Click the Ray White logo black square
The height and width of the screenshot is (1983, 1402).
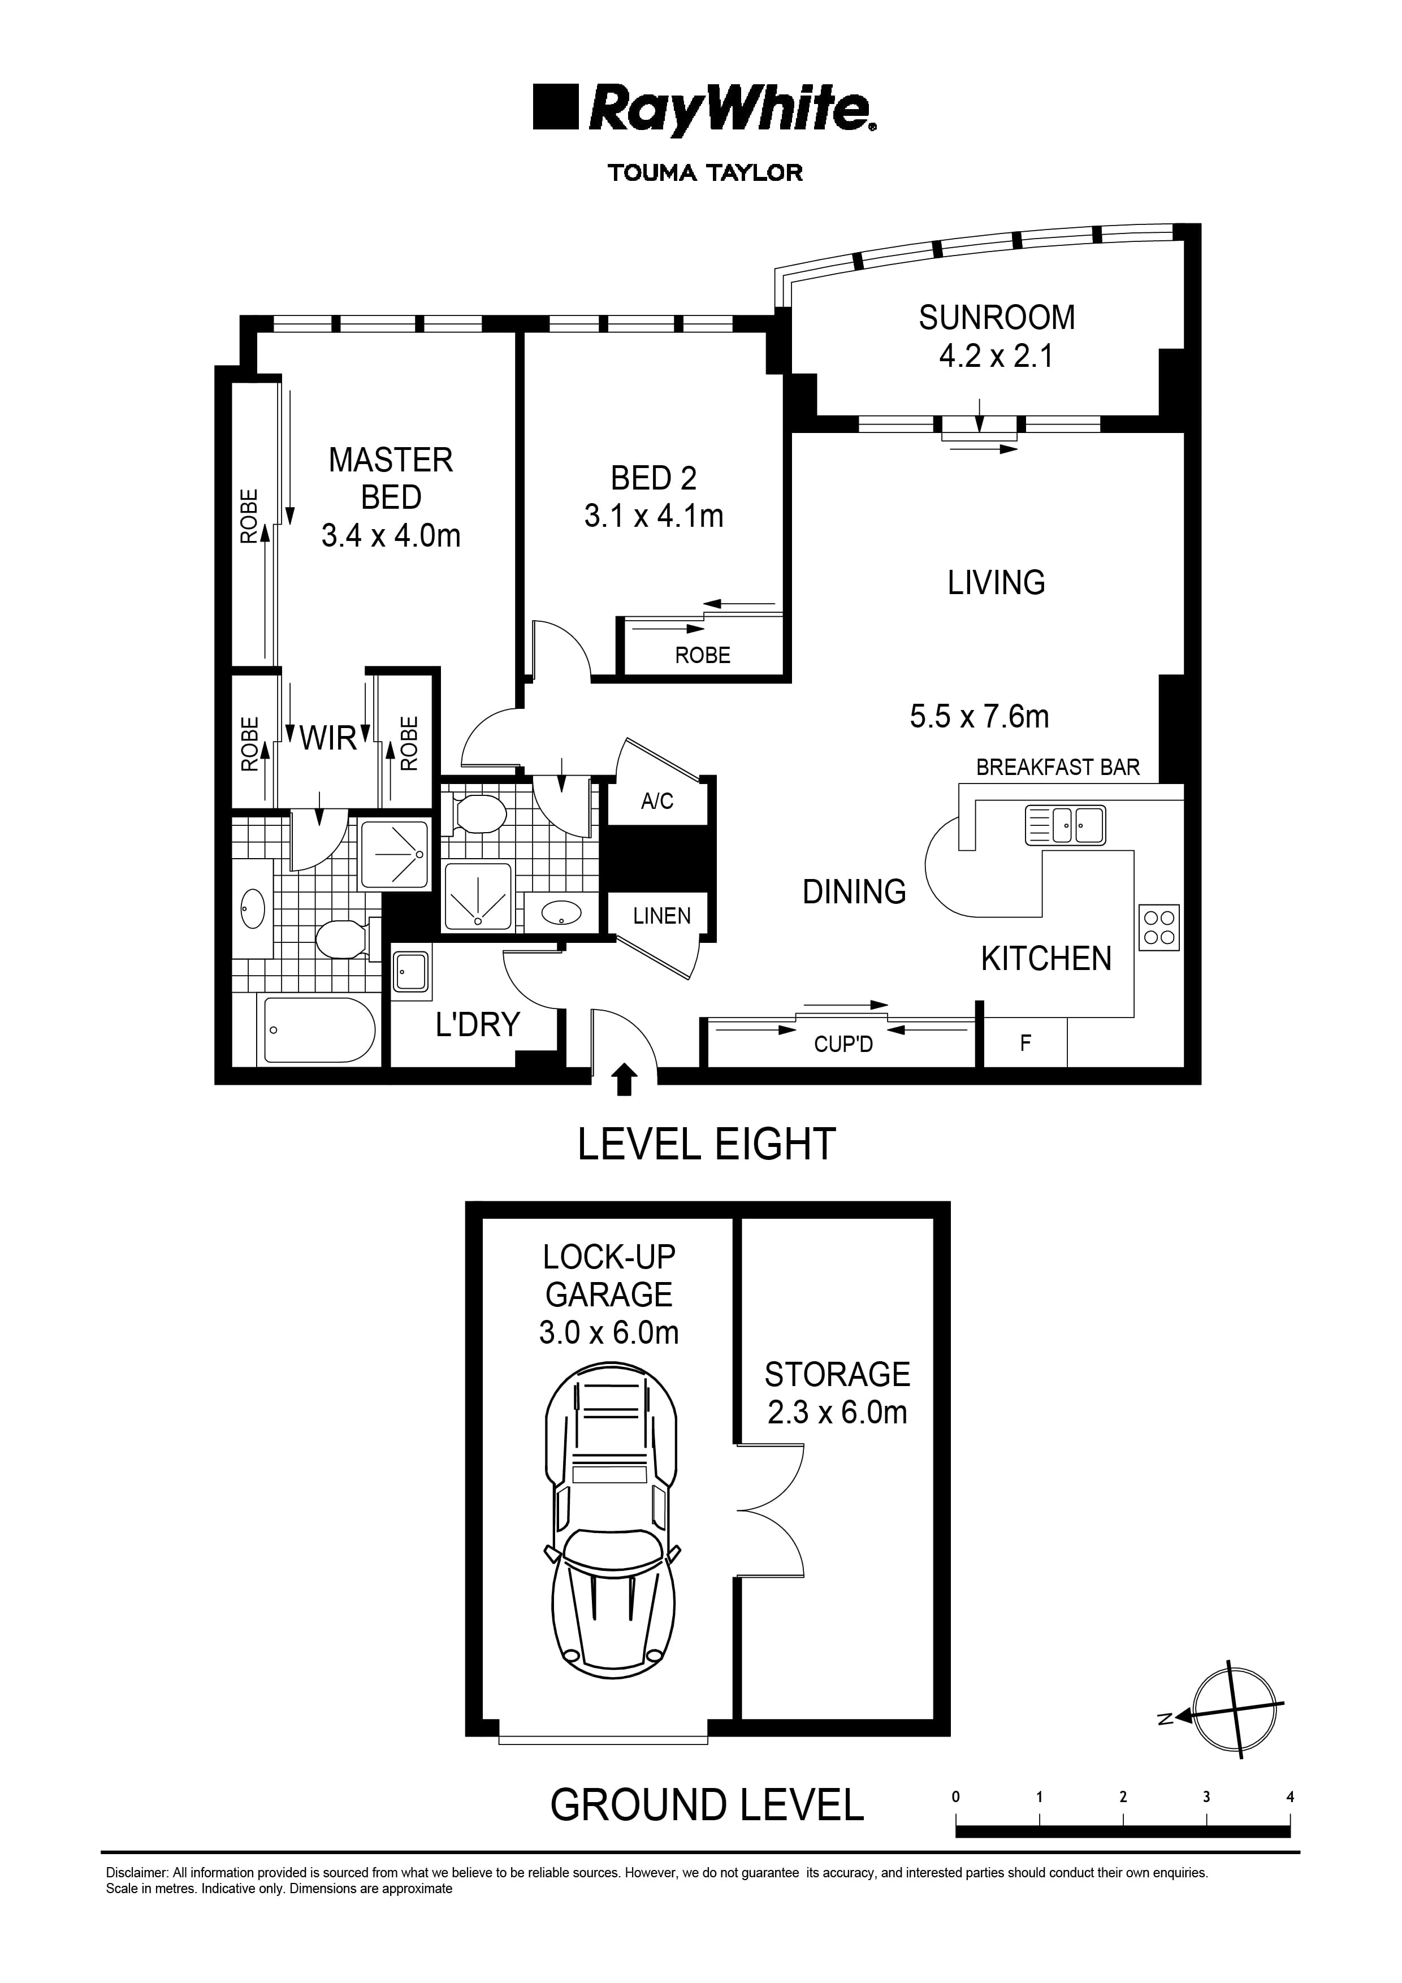coord(556,107)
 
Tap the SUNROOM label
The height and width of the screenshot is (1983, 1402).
coord(996,318)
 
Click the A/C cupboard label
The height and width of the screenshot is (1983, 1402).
coord(657,802)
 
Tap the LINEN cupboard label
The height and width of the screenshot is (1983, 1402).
coord(661,916)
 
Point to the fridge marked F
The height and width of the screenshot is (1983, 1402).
coord(1025,1044)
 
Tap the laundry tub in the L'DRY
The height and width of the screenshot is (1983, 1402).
coord(410,973)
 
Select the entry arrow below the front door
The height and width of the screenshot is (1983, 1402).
coord(625,1082)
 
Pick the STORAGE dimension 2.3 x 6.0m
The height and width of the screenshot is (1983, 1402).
coord(837,1413)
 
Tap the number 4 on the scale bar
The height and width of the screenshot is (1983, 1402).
coord(1290,1798)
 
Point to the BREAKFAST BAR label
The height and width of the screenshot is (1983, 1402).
coord(1057,767)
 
